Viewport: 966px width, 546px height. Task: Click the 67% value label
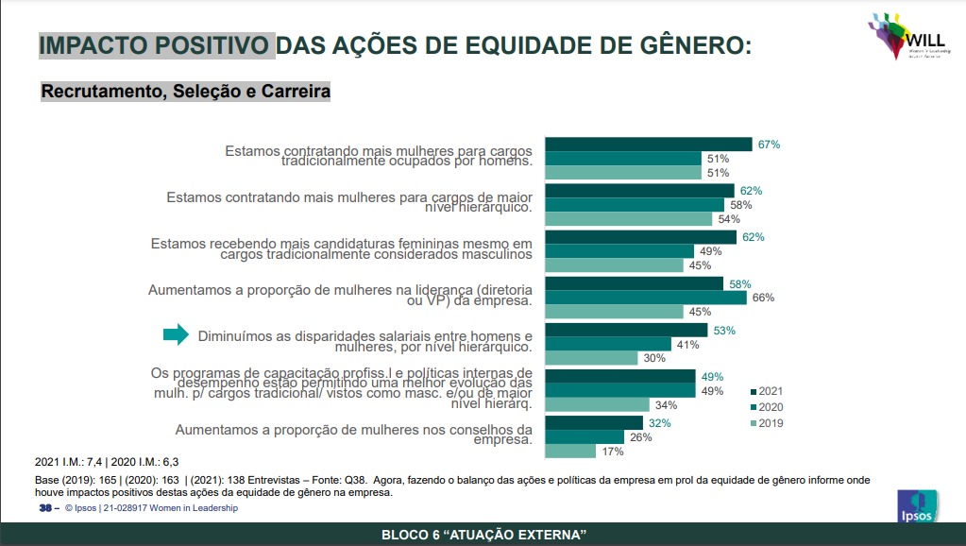tap(769, 145)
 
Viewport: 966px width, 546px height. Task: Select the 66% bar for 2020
tap(646, 298)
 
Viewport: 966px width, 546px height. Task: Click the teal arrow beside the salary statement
tap(177, 334)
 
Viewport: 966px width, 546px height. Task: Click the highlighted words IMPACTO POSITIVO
tap(156, 44)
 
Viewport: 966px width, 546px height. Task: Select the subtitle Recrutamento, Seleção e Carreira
tap(185, 93)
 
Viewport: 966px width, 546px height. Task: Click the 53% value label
tap(724, 331)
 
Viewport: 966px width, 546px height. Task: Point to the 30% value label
tap(655, 358)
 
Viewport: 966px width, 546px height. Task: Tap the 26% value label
tap(642, 437)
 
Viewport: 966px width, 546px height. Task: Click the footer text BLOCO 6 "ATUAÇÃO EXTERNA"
tap(483, 536)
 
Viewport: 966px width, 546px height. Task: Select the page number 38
tap(44, 508)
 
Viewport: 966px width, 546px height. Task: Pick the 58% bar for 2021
tap(635, 283)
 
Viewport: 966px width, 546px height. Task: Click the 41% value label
tap(687, 344)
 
